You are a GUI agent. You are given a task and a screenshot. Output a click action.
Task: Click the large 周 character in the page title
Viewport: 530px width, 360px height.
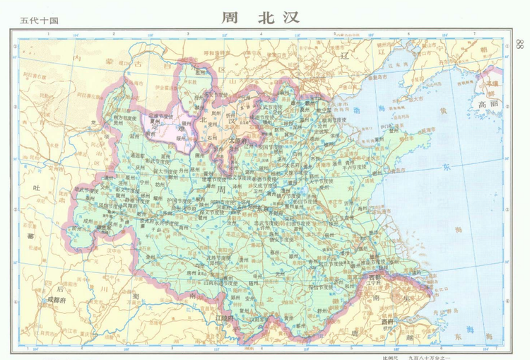click(x=230, y=16)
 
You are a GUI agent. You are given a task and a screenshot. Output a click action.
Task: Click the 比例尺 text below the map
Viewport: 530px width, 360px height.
click(x=390, y=356)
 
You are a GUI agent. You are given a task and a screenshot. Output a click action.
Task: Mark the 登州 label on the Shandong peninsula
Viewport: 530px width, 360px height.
click(x=422, y=128)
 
